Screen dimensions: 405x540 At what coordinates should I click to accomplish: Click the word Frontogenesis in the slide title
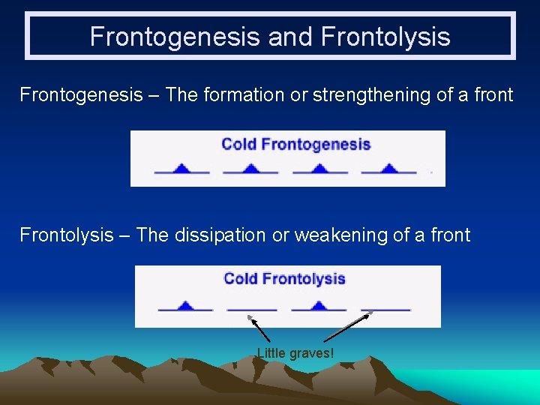tap(176, 37)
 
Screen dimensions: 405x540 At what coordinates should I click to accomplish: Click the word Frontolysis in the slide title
tap(385, 37)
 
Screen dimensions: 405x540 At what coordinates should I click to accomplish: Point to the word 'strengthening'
tap(378, 95)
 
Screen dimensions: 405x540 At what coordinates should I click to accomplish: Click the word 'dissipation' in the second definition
tap(220, 235)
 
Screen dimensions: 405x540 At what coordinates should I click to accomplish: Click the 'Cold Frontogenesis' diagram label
tap(295, 144)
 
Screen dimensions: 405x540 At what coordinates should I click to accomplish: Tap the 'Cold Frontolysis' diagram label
tap(284, 279)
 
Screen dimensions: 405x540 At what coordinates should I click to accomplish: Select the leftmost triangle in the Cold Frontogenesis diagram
tap(181, 168)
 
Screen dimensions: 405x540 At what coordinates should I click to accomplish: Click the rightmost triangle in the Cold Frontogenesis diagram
tap(388, 168)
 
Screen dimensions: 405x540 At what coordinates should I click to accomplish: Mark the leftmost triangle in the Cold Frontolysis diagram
tap(185, 305)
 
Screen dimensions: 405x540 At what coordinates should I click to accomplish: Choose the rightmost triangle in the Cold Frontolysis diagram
tap(319, 305)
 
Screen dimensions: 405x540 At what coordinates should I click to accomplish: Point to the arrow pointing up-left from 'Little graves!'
tap(259, 329)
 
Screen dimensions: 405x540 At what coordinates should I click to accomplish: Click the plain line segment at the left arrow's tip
tap(252, 309)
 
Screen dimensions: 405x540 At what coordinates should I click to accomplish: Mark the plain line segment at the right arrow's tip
tap(385, 309)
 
